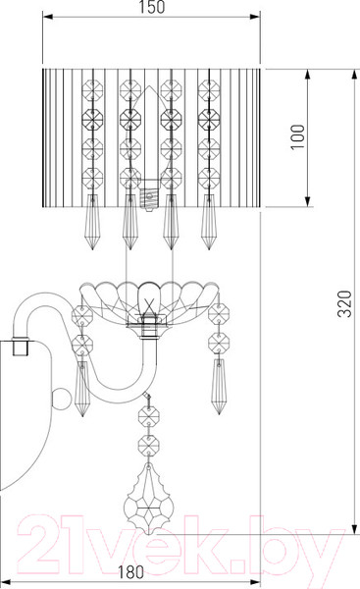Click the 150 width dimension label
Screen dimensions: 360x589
click(x=151, y=7)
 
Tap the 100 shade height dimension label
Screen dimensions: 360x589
click(x=298, y=136)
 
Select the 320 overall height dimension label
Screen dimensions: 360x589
click(x=344, y=303)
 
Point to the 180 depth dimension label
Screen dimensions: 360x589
click(x=130, y=572)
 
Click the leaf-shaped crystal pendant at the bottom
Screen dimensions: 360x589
click(x=149, y=499)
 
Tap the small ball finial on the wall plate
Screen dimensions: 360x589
click(x=60, y=400)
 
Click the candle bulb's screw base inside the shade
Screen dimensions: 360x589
click(x=149, y=197)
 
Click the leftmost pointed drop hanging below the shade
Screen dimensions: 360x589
click(x=92, y=222)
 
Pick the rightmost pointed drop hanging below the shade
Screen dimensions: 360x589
click(x=208, y=222)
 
